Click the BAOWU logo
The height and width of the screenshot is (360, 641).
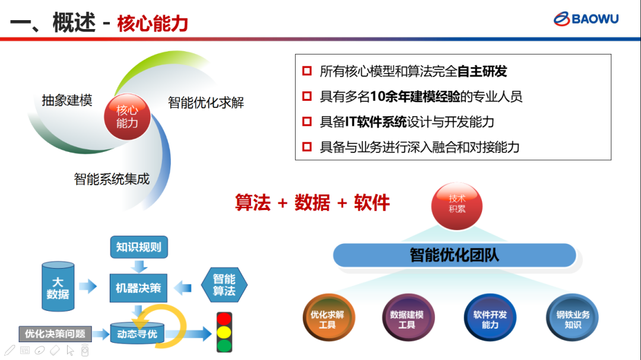586,19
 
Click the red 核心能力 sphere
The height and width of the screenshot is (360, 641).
127,117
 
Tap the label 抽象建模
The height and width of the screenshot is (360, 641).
67,100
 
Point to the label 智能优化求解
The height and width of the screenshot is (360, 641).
205,103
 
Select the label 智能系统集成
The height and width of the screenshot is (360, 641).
112,179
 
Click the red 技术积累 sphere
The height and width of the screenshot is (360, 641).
456,206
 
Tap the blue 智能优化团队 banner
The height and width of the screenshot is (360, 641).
455,256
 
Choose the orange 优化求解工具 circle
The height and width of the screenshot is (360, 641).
328,317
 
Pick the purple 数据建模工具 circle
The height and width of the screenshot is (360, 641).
408,317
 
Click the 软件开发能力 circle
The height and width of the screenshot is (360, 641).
490,317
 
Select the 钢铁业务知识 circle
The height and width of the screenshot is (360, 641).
572,317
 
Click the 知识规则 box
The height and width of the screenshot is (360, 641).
139,247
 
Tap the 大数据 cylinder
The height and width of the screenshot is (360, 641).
58,287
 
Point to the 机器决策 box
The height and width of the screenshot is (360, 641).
138,288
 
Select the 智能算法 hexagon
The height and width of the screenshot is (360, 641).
224,285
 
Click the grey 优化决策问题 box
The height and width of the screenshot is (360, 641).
55,334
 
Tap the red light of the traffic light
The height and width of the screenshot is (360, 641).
224,319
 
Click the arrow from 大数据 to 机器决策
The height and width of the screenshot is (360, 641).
87,286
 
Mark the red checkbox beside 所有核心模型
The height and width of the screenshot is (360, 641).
307,71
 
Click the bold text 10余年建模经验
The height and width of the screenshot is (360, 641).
415,97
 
